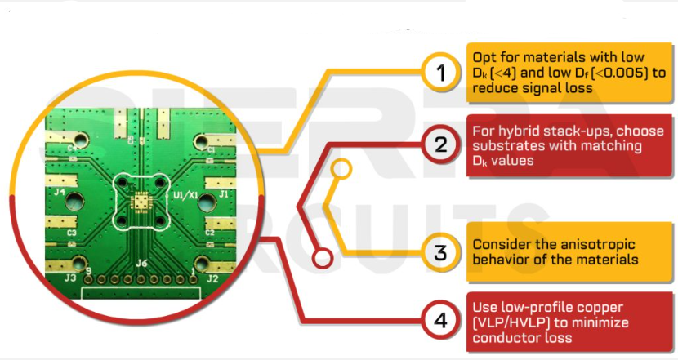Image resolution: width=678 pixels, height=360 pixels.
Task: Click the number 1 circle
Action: [441, 73]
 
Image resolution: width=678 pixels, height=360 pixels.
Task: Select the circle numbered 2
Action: [441, 146]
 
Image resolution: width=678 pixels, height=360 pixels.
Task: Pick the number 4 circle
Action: [441, 320]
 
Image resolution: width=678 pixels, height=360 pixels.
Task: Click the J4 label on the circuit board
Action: [60, 193]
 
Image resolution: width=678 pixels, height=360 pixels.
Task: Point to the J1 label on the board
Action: [223, 195]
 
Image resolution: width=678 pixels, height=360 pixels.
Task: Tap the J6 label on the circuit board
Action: [141, 263]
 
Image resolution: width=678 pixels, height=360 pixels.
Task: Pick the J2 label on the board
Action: [213, 278]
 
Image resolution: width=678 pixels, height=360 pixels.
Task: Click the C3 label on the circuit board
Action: [73, 233]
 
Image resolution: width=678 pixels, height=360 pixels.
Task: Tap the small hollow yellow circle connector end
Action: [343, 169]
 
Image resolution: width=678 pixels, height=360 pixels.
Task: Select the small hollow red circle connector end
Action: [323, 259]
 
